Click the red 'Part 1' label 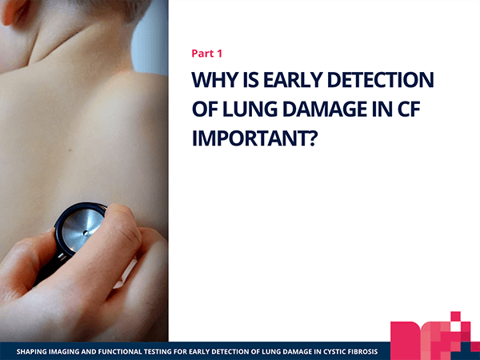[x=206, y=54]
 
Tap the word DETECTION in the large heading [x=381, y=79]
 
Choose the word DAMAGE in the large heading [x=325, y=110]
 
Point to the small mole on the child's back [x=70, y=150]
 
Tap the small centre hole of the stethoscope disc [x=86, y=234]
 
